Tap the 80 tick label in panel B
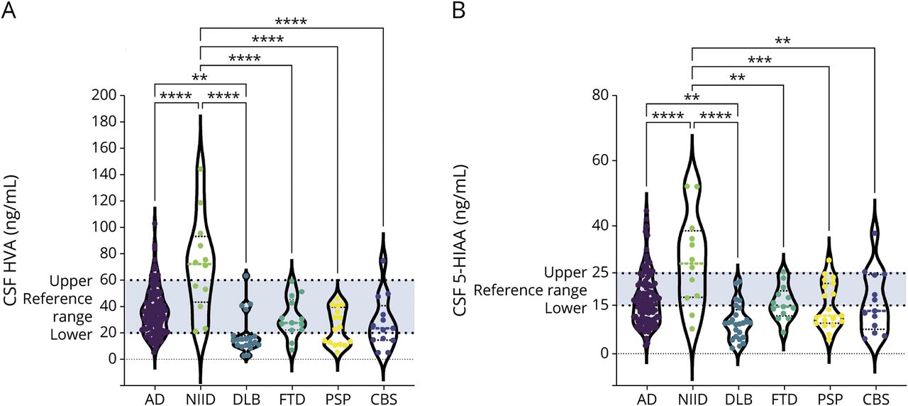602,95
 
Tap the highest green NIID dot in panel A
201,169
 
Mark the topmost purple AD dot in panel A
155,224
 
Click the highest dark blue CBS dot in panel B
875,234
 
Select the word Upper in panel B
565,273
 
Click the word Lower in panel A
72,334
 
